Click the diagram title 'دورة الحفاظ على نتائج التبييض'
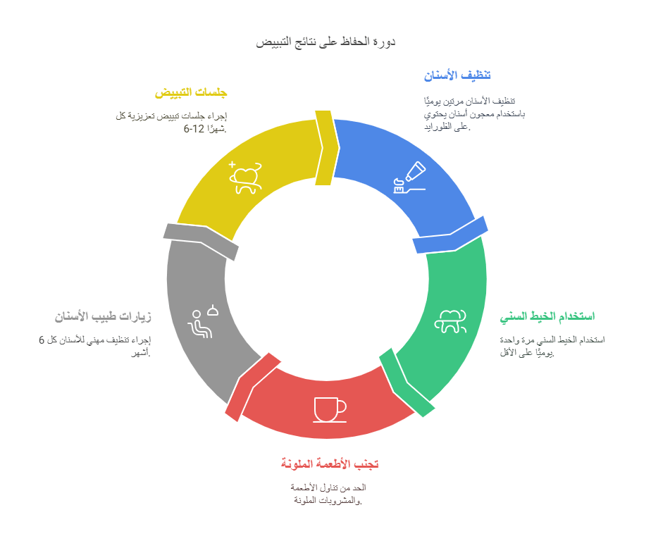pyautogui.click(x=325, y=42)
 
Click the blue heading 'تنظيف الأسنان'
pyautogui.click(x=457, y=75)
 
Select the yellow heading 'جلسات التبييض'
pyautogui.click(x=191, y=92)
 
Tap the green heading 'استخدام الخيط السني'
pyautogui.click(x=547, y=316)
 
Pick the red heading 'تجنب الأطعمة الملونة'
pyautogui.click(x=330, y=464)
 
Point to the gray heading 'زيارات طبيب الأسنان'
pyautogui.click(x=103, y=317)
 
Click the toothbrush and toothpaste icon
pyautogui.click(x=410, y=178)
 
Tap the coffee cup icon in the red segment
pyautogui.click(x=330, y=410)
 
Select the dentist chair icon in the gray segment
pyautogui.click(x=203, y=322)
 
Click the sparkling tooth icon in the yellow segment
pyautogui.click(x=245, y=178)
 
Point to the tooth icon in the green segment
pyautogui.click(x=450, y=321)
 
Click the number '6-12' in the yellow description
pyautogui.click(x=194, y=129)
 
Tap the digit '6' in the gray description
pyautogui.click(x=42, y=340)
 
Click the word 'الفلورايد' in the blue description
pyautogui.click(x=440, y=127)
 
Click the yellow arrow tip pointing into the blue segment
pyautogui.click(x=339, y=147)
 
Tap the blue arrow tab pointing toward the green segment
pyautogui.click(x=450, y=235)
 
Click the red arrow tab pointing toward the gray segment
pyautogui.click(x=252, y=387)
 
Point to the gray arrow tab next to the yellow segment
pyautogui.click(x=201, y=241)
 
